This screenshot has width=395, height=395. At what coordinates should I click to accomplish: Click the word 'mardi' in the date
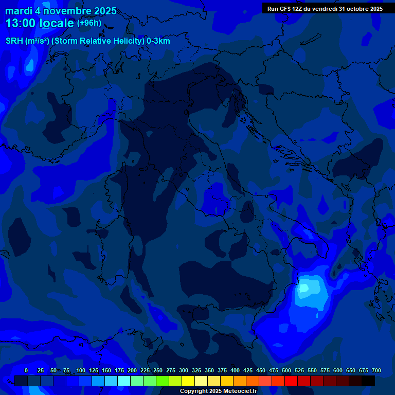coord(19,11)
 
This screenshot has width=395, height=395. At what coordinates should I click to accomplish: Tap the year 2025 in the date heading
coord(103,11)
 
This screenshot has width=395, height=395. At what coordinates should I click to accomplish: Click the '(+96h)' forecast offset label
coord(89,23)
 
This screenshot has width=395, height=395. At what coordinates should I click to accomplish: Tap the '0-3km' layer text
coord(158,41)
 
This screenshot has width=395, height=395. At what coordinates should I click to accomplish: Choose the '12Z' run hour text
coord(301,9)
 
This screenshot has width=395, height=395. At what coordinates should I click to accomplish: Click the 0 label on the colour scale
coord(26,370)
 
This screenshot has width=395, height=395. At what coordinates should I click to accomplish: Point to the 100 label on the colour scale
coord(81,370)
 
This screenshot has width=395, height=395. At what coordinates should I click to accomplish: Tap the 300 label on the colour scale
coord(184,370)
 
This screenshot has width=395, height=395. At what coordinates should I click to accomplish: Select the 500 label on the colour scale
coord(286,370)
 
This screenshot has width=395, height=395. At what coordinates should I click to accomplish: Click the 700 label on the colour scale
coord(376,370)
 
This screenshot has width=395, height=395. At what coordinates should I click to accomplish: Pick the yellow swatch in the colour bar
coord(188,381)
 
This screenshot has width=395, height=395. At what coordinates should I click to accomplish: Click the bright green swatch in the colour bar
coord(163,381)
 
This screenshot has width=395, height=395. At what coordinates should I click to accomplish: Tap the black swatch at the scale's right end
coord(368,381)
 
